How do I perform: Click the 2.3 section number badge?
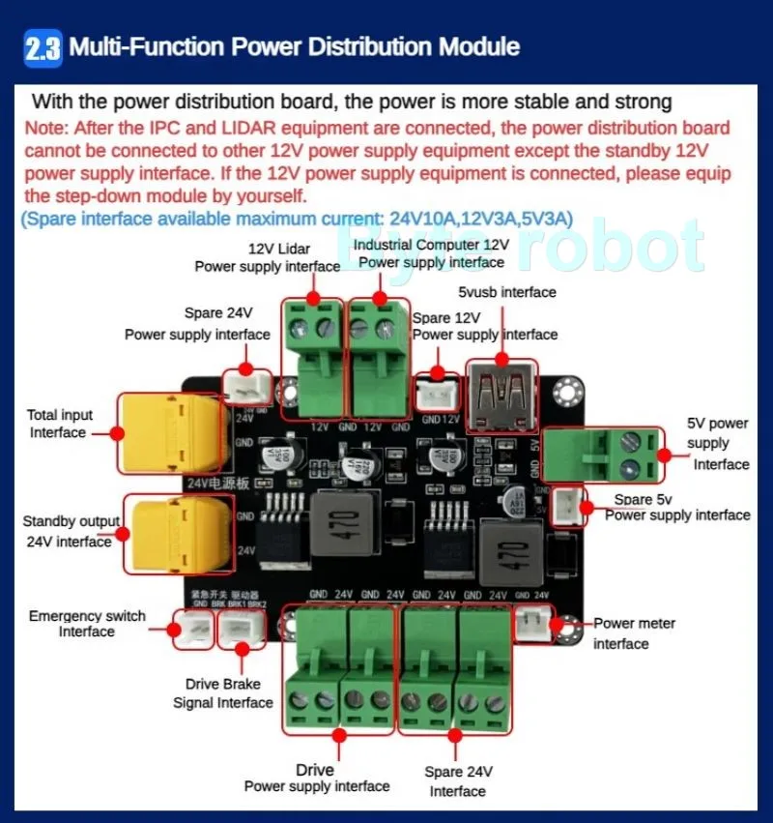tap(43, 47)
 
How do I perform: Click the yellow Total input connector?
tap(171, 431)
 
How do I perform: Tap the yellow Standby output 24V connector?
tap(171, 535)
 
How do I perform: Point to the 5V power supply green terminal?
tap(604, 455)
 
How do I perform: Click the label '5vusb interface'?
tap(507, 291)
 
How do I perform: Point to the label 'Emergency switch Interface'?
tap(87, 624)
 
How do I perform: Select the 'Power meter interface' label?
tap(634, 633)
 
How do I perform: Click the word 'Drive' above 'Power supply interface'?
tap(315, 770)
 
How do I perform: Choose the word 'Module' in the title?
tap(478, 46)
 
